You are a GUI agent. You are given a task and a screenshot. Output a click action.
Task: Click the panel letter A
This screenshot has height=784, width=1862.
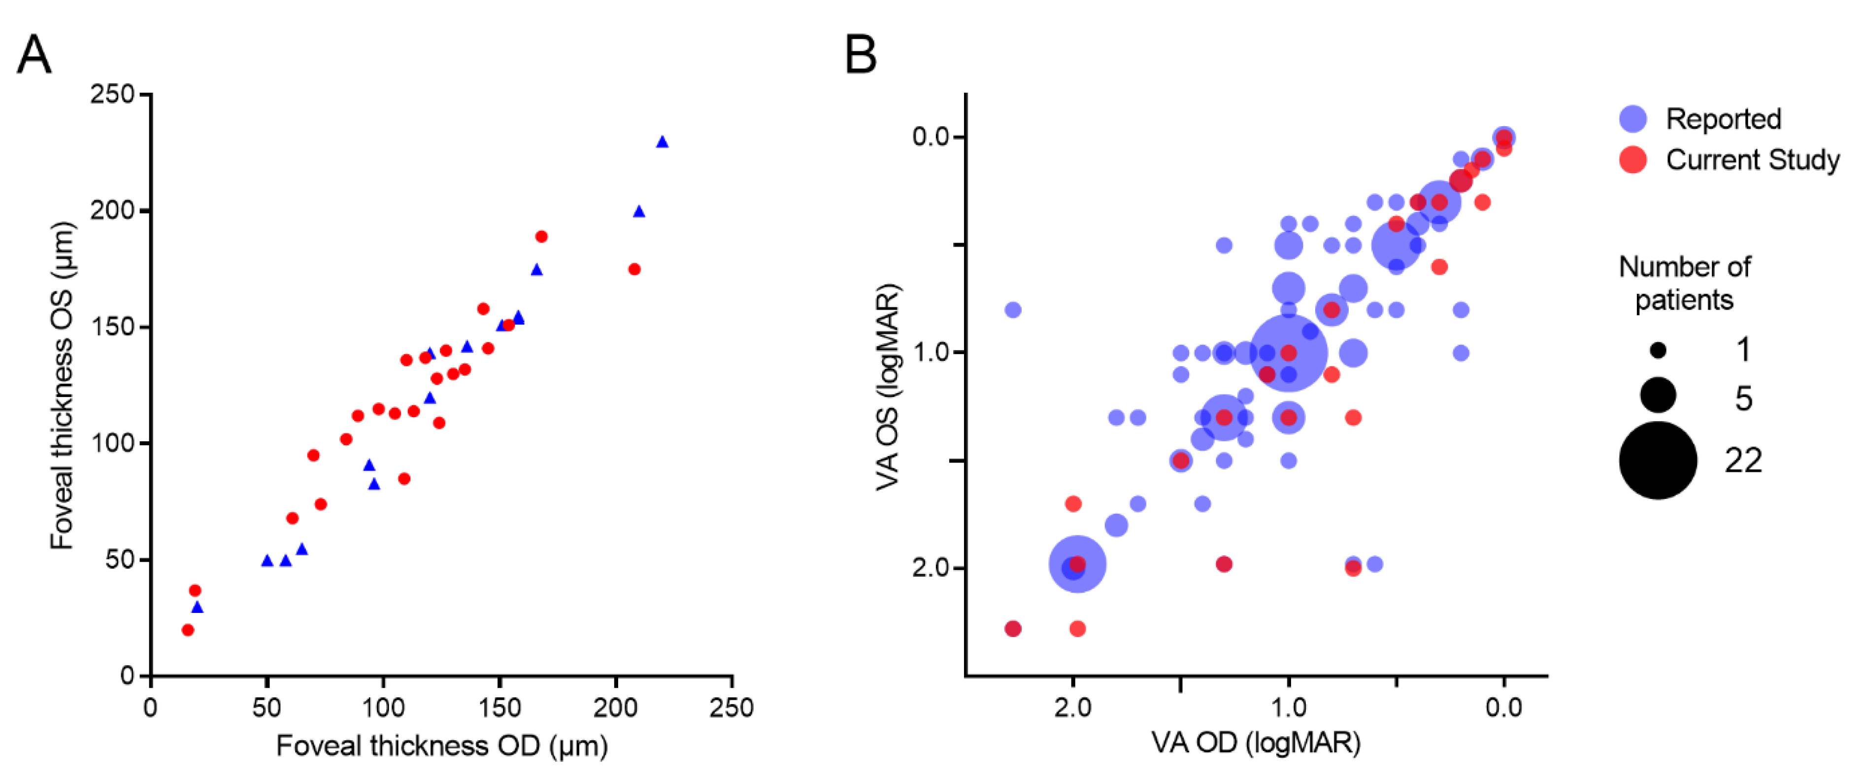click(x=34, y=56)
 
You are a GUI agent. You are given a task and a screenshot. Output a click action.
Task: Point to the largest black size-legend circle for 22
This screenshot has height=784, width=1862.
click(x=1658, y=460)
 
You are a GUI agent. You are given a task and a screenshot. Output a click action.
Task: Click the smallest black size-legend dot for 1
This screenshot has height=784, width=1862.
click(x=1658, y=351)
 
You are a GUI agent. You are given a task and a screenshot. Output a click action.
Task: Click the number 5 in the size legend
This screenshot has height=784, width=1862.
click(x=1743, y=398)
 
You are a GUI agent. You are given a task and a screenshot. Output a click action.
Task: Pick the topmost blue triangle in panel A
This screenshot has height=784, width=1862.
click(x=662, y=142)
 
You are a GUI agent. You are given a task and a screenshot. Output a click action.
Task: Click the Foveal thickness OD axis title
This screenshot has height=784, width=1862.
click(x=442, y=746)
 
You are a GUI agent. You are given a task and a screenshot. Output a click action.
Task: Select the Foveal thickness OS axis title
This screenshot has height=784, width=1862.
click(x=62, y=386)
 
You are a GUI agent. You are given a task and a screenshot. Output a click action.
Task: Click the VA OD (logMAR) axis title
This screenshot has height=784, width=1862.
click(x=1256, y=743)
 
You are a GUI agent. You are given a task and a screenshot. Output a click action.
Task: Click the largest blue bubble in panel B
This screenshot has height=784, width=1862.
click(x=1288, y=353)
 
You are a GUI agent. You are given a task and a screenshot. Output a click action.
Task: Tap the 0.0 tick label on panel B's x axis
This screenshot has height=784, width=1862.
click(x=1503, y=708)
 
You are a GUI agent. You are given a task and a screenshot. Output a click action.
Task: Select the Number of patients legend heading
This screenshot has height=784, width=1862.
click(x=1684, y=283)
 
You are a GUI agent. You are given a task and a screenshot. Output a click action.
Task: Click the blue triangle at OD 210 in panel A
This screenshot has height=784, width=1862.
click(x=639, y=211)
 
